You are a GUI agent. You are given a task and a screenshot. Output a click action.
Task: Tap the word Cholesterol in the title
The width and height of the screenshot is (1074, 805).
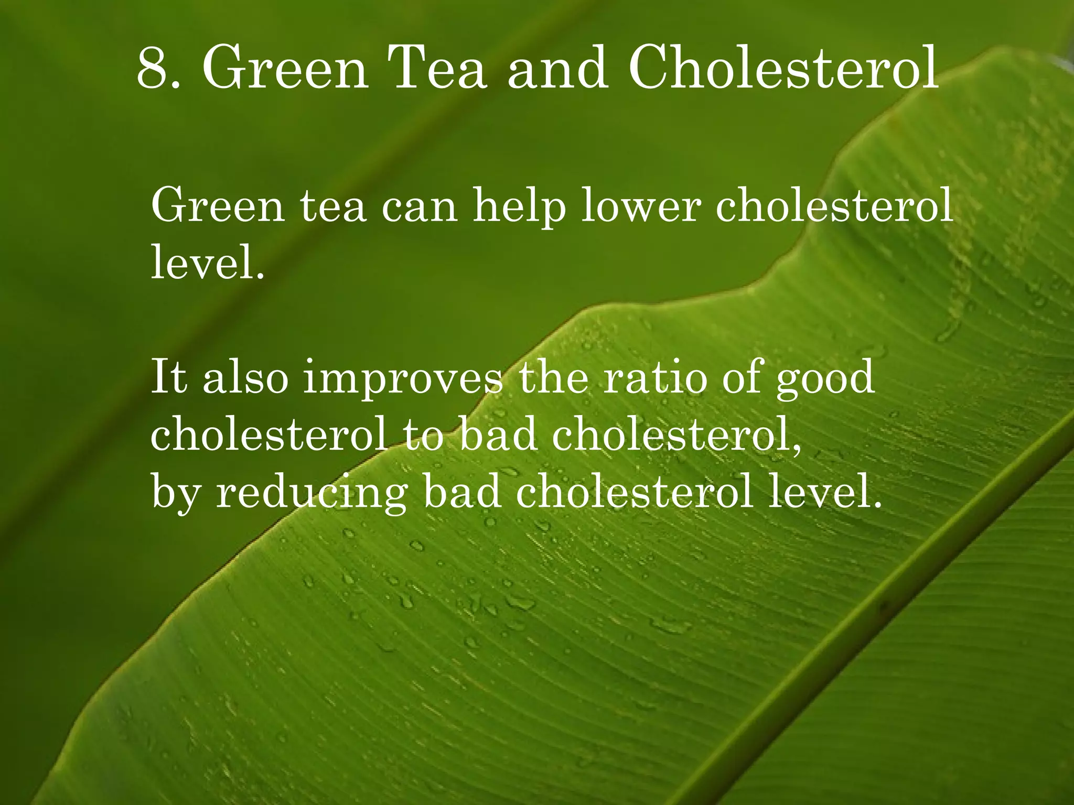coord(783,68)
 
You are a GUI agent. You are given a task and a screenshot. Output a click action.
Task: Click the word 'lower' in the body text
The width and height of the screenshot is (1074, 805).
coord(641,205)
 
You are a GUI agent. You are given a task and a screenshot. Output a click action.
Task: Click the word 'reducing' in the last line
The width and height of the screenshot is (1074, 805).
coord(312,494)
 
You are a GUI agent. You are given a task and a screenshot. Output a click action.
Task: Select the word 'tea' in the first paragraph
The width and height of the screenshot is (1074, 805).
coord(332,206)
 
